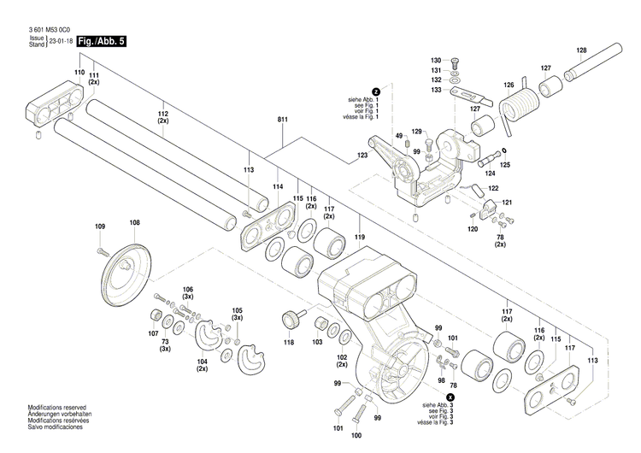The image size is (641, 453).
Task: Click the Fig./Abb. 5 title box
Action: tap(101, 41)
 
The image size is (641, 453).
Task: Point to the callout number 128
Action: tap(581, 49)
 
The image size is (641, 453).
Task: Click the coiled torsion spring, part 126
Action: tap(517, 108)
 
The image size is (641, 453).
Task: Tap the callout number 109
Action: tap(100, 226)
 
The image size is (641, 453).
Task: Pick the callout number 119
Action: tap(360, 236)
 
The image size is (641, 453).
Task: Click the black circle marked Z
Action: tap(374, 91)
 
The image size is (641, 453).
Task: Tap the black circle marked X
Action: tap(450, 397)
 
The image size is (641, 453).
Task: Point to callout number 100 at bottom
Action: tap(356, 436)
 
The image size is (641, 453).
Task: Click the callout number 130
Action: tap(435, 60)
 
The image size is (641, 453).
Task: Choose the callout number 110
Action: tap(79, 74)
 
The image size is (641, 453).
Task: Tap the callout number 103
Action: tap(317, 342)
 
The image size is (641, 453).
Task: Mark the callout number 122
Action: tap(493, 188)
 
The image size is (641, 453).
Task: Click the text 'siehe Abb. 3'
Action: tap(433, 404)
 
